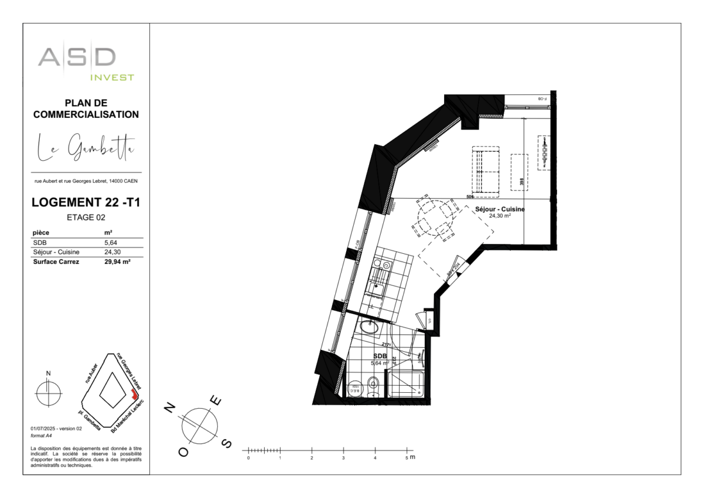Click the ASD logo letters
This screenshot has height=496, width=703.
point(77,57)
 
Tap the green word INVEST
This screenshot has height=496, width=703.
point(112,77)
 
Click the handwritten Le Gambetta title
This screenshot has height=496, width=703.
point(86,147)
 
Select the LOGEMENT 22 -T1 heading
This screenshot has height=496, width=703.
point(86,203)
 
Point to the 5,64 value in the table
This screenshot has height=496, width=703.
point(110,242)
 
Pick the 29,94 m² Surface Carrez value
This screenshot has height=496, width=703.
point(117,262)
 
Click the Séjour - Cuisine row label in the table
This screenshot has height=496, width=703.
point(56,252)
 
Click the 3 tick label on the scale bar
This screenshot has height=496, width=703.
point(343,458)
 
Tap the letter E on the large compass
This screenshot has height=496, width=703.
point(217,402)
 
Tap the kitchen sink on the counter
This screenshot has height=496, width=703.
point(376,287)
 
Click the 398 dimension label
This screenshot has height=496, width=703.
point(521,182)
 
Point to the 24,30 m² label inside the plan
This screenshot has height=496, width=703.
point(500,215)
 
